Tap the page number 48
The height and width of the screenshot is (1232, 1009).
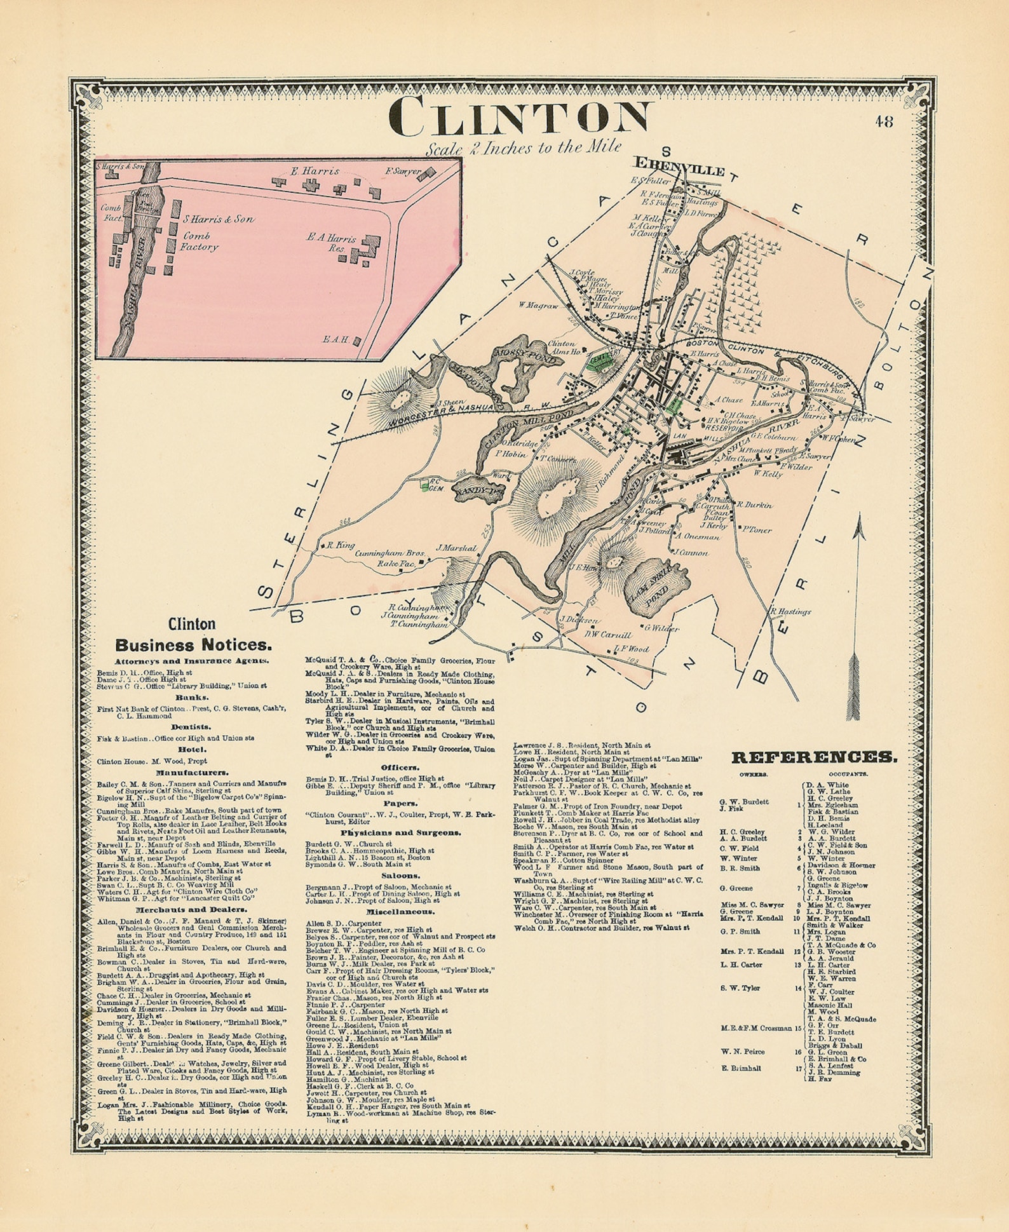tap(883, 121)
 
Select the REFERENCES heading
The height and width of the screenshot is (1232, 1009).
tap(815, 757)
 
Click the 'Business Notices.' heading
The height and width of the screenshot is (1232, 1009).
tap(193, 645)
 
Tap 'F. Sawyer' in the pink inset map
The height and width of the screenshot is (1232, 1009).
tap(403, 171)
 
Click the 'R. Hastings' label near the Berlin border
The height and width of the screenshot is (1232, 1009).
tap(790, 611)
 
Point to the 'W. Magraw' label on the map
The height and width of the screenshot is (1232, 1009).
tap(538, 305)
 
